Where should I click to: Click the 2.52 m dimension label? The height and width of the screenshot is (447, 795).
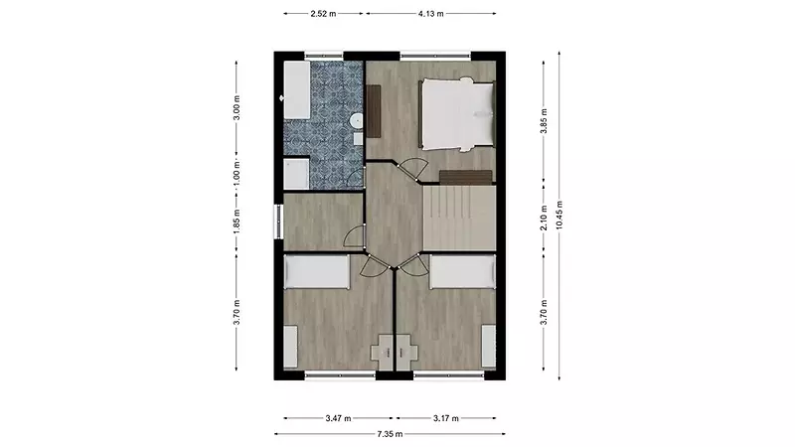[x=323, y=14]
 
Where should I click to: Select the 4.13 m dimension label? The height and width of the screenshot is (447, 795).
[x=431, y=14]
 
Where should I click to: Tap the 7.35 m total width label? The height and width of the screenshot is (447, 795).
[x=390, y=434]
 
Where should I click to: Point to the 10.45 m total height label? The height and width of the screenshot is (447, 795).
[x=559, y=215]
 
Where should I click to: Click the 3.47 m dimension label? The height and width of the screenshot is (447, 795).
[x=338, y=418]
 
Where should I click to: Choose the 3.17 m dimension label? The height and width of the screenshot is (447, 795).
[x=446, y=418]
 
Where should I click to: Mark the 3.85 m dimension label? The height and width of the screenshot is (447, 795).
[x=544, y=121]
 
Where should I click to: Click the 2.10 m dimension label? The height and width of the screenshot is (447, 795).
[x=544, y=218]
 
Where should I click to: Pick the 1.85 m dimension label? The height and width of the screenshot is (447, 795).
[x=237, y=222]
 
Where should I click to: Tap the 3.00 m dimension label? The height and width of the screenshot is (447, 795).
[x=237, y=108]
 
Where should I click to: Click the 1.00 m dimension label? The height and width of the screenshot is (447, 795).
[x=237, y=173]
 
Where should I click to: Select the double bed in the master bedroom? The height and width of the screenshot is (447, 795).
[x=456, y=114]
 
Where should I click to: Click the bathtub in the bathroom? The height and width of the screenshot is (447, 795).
[x=296, y=90]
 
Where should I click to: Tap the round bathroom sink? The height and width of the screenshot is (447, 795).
[x=357, y=120]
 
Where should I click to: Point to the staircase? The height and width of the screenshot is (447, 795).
[x=459, y=218]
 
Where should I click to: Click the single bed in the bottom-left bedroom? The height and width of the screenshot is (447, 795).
[x=316, y=272]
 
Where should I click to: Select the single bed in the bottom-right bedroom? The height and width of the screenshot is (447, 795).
[x=462, y=272]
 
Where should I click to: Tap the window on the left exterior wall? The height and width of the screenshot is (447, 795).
[x=278, y=221]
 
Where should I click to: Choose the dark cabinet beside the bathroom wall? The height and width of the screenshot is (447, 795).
[x=374, y=111]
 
